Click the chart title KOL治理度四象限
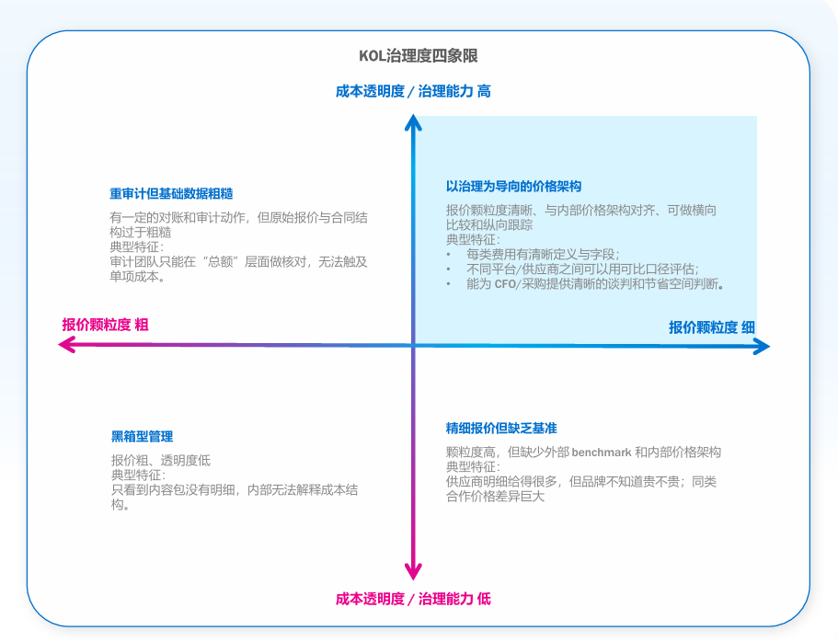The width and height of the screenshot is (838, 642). tap(419, 56)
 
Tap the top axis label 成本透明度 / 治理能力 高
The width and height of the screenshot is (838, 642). tap(413, 91)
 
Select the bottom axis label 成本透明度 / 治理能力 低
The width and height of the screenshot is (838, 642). tap(413, 599)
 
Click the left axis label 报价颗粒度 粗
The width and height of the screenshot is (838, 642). tap(105, 325)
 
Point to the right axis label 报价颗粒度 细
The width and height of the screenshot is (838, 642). tap(712, 327)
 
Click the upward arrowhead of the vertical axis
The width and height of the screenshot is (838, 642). tap(414, 121)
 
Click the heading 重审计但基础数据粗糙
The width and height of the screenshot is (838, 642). tap(171, 194)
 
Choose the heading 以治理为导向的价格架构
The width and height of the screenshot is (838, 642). tap(513, 187)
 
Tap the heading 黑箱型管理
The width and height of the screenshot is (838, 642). tap(142, 437)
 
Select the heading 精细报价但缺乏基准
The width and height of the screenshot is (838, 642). tap(501, 429)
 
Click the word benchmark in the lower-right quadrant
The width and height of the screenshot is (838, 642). tap(602, 453)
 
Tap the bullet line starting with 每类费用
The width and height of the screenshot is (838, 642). tap(543, 254)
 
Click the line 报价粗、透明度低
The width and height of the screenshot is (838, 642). tap(161, 460)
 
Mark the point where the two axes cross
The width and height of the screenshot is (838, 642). tap(414, 345)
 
